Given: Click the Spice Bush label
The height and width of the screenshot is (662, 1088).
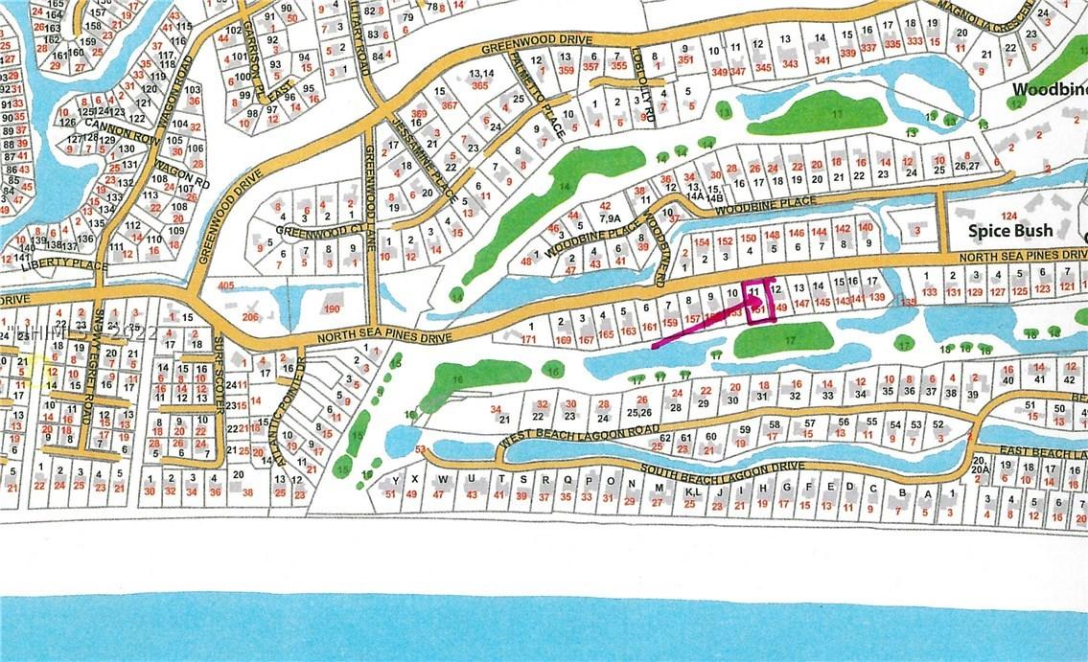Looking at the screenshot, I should (x=1010, y=230).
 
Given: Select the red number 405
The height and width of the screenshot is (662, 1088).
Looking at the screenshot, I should (x=226, y=285).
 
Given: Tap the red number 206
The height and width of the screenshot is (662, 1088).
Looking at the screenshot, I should (x=250, y=317).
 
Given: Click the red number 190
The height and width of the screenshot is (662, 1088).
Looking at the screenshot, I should (x=333, y=309).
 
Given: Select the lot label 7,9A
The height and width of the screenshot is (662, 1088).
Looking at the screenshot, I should (x=611, y=217).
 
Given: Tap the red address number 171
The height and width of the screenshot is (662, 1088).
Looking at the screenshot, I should (x=527, y=339).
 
